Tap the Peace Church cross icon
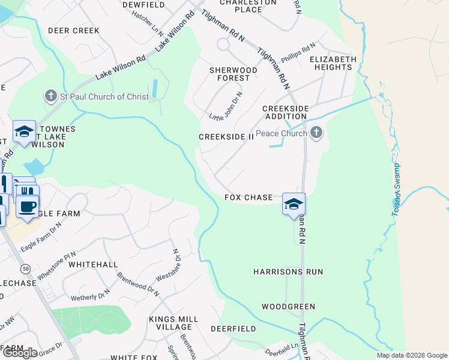click(317, 133)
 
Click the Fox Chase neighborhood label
click(249, 197)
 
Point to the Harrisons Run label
click(288, 272)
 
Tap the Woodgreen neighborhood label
click(288, 307)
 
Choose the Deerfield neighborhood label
click(233, 329)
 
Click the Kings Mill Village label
click(173, 322)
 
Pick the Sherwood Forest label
click(234, 74)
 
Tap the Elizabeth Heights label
click(333, 63)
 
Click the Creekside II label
click(227, 137)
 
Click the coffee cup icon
click(27, 206)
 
